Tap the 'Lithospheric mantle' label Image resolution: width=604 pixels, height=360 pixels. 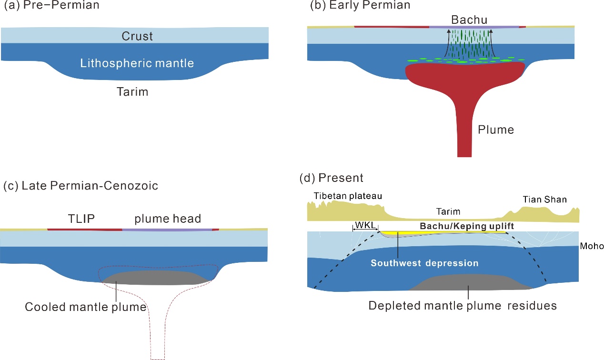point(137,63)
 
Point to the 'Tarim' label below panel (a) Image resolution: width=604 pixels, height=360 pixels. point(132,92)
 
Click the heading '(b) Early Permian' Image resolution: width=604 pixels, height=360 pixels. point(360,6)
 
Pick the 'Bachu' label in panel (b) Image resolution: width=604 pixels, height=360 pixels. point(469,20)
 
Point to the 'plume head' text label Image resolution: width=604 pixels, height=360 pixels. point(168,219)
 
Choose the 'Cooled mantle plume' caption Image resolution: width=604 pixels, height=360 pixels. point(85,307)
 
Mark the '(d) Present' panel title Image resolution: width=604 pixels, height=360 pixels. point(332,178)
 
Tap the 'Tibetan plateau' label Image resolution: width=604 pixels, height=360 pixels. point(348,196)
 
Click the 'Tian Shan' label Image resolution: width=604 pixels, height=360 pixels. point(544,199)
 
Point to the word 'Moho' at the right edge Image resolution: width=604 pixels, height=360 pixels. point(593,246)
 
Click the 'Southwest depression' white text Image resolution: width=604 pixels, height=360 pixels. point(425,263)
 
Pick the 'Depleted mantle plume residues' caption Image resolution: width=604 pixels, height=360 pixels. point(463,305)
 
